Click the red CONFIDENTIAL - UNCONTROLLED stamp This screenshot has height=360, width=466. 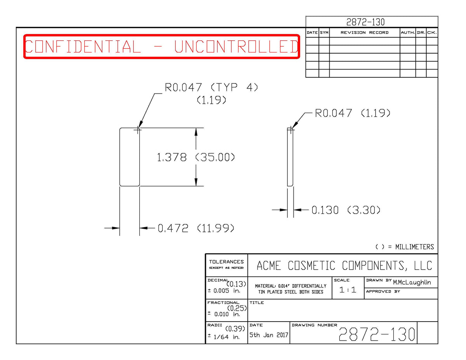point(162,46)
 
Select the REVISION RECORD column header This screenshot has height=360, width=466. point(364,33)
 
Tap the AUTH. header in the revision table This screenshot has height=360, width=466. point(408,33)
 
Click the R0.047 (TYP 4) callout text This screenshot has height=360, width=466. point(211,87)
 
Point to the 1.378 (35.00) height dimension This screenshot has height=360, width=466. point(196,157)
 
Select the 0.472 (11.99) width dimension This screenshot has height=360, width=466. point(196,228)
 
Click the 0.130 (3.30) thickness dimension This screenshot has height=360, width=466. point(346,210)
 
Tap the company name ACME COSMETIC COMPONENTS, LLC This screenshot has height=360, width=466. point(344,266)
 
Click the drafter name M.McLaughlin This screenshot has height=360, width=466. point(412,282)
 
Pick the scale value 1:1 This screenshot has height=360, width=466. point(348,290)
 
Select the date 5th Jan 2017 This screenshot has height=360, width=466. point(268,335)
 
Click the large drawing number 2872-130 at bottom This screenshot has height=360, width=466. point(377,334)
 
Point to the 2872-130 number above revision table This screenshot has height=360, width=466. point(365,22)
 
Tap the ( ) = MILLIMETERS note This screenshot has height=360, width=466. point(405,247)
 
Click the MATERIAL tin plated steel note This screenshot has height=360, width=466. point(290,289)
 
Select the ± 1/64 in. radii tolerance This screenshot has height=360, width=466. point(224,337)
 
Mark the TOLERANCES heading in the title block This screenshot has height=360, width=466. point(226,262)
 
